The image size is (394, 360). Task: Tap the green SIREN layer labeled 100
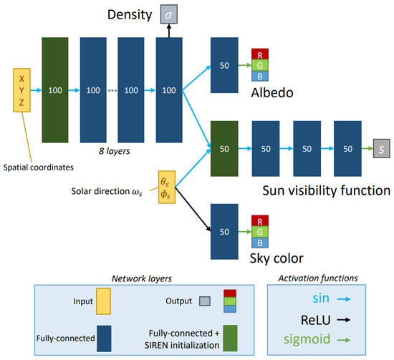pos(55,91)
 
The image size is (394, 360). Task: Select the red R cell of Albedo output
pos(261,53)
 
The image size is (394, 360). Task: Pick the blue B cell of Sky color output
pos(261,244)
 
